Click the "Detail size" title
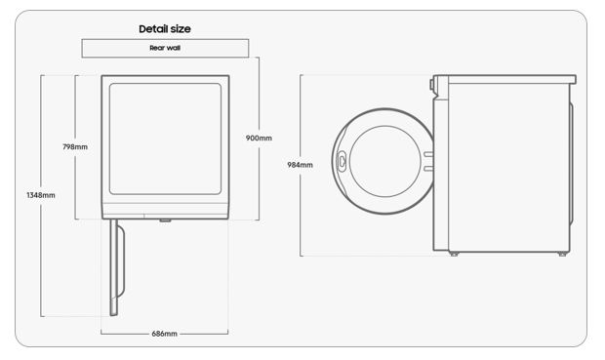point(165,29)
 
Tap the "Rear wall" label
point(165,48)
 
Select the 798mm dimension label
point(75,146)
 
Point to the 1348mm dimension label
point(41,195)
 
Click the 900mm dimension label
point(259,138)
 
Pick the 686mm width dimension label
point(164,334)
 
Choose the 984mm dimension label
point(300,165)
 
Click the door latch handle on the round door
point(342,161)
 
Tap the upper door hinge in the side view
point(428,154)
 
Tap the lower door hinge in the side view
point(428,169)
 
